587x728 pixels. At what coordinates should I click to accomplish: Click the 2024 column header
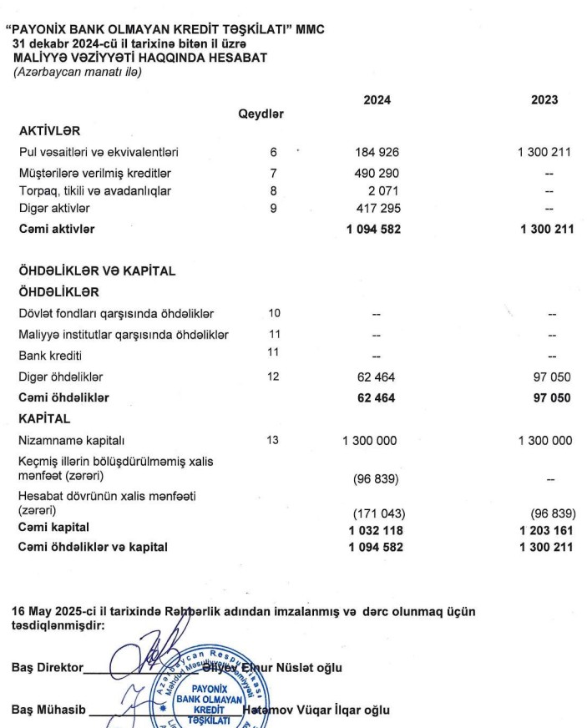(377, 100)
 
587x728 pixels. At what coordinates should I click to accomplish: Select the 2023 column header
(544, 100)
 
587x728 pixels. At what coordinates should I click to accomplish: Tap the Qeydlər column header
(261, 114)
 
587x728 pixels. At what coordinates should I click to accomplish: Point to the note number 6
(272, 152)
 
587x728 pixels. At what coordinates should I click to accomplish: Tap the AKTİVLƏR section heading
(51, 131)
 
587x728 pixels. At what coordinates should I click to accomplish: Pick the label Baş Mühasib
(48, 711)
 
